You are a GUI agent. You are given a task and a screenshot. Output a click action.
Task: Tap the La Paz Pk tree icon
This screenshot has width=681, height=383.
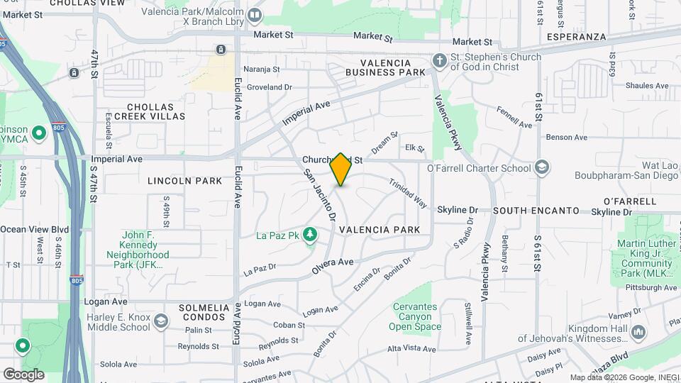309,234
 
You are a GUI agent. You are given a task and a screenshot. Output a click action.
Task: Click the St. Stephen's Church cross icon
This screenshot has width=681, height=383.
440,61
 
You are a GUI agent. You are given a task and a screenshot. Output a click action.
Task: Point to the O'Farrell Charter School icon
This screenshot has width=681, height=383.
543,168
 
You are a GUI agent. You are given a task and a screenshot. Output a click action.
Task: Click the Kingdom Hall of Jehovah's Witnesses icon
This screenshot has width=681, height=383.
638,332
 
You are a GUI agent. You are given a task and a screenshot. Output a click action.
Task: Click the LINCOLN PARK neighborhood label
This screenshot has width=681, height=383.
185,181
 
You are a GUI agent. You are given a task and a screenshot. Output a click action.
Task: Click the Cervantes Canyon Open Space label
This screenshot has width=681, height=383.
415,316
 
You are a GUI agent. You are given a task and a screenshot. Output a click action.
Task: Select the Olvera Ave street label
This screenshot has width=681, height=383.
332,266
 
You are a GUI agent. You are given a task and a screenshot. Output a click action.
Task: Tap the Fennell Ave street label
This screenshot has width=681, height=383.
514,118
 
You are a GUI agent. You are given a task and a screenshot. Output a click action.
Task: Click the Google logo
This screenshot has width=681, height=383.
23,374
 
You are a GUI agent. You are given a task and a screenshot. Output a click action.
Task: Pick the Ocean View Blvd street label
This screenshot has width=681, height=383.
34,229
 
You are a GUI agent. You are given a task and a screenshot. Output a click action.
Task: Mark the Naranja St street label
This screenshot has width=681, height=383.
262,70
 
